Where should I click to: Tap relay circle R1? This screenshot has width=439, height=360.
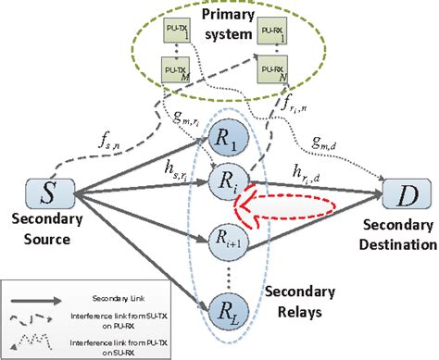tap(226, 140)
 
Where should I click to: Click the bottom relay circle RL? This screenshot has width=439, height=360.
tap(226, 304)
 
